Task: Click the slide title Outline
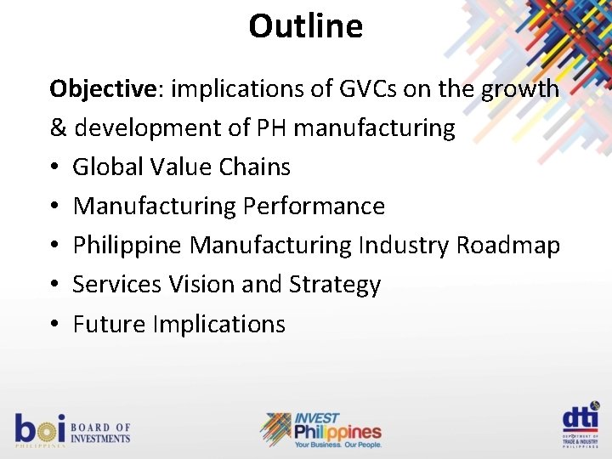tap(305, 26)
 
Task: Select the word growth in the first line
tap(520, 89)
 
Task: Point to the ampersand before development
tap(59, 128)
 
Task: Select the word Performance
tap(314, 207)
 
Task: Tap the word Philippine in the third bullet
tap(127, 246)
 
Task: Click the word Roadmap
tap(507, 246)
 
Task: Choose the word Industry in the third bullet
tap(404, 246)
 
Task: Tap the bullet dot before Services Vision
tap(55, 286)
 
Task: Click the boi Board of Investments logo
tap(72, 429)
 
